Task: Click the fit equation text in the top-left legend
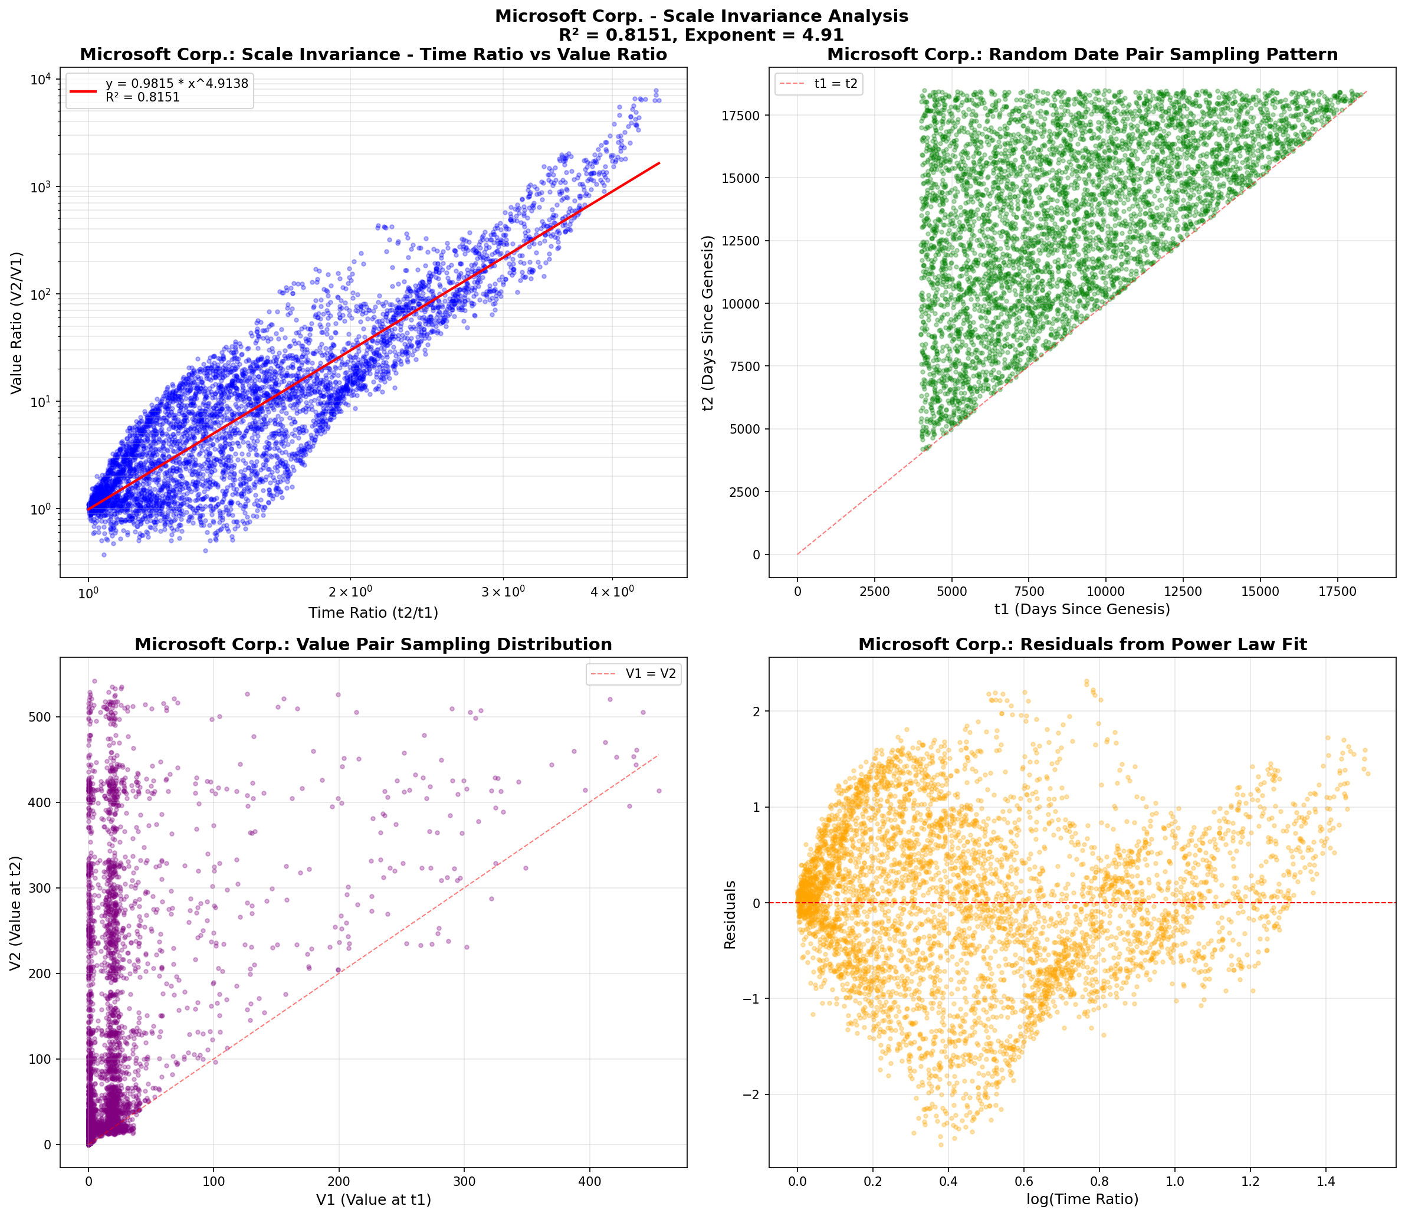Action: [176, 83]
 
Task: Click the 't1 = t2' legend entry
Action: [836, 84]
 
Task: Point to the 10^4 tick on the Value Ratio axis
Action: [41, 80]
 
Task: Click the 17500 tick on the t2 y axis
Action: [741, 116]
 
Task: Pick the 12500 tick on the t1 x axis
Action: [1183, 592]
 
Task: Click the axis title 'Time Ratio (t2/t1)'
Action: [373, 613]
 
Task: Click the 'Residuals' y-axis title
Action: [730, 914]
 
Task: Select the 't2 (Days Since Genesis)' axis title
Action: [708, 323]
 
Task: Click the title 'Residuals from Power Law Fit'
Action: [1082, 645]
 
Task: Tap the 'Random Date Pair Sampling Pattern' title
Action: [1082, 54]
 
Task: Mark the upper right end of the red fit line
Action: [659, 163]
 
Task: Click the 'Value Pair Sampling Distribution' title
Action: [373, 645]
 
